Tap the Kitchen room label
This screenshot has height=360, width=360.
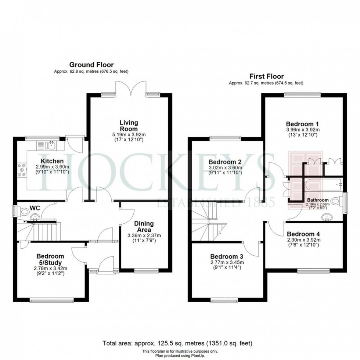point(52,161)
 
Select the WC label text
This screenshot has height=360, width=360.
point(35,208)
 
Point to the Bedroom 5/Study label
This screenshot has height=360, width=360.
point(50,259)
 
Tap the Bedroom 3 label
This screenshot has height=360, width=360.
point(227,256)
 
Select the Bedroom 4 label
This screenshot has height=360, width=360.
point(303,234)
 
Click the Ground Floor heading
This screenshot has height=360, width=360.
point(91,65)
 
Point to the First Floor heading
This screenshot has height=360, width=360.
point(266,76)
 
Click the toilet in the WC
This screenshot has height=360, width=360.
point(25,212)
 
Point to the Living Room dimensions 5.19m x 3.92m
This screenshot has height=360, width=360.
point(128,135)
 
